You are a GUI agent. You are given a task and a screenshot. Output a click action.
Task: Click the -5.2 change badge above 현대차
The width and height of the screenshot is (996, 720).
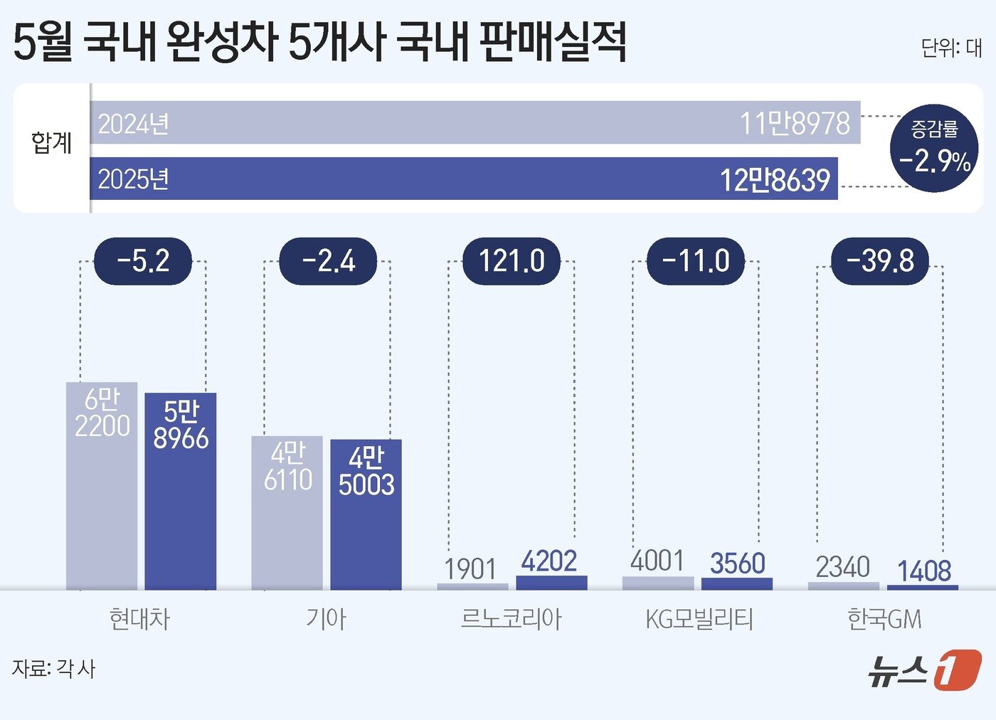pos(143,261)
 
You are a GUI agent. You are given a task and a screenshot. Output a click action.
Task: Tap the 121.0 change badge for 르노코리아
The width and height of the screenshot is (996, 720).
pos(512,261)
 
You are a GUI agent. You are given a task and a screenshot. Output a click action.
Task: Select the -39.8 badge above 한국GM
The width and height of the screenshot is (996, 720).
pos(880,261)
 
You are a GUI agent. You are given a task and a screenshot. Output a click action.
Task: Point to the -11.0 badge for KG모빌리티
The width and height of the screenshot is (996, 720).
pos(696,261)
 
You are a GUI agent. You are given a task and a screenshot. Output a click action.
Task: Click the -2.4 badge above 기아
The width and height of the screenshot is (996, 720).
pos(328,261)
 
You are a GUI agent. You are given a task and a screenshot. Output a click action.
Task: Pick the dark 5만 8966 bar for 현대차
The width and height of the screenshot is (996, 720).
pos(181,491)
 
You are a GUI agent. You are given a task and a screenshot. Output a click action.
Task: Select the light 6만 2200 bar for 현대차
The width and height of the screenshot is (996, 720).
pos(102,486)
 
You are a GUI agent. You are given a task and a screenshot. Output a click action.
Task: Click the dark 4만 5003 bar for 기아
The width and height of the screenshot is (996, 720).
pos(366,514)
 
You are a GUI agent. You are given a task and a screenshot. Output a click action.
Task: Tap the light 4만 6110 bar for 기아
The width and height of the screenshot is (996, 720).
pos(287,512)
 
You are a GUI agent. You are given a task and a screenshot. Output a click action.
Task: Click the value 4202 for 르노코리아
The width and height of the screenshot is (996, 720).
pos(549,561)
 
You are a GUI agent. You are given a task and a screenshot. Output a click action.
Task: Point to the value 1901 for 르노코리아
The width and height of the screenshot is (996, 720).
pos(470,569)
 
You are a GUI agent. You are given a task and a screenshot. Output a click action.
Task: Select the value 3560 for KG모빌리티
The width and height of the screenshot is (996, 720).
pos(737,563)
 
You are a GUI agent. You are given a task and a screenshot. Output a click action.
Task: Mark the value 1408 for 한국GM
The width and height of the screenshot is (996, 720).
pos(923,571)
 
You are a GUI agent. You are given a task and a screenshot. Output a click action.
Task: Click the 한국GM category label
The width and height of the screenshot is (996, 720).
pos(884,619)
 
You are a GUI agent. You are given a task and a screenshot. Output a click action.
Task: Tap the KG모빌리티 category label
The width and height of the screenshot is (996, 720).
pos(699,619)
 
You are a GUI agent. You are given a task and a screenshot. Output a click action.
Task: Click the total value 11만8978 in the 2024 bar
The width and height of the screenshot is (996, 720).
pos(795,124)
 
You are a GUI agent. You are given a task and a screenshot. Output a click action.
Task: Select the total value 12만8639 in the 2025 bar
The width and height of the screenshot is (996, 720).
pos(775,179)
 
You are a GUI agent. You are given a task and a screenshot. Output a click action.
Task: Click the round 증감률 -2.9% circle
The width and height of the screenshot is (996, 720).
pos(934,148)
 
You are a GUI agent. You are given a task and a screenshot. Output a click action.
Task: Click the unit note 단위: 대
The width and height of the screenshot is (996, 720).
pos(951,48)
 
